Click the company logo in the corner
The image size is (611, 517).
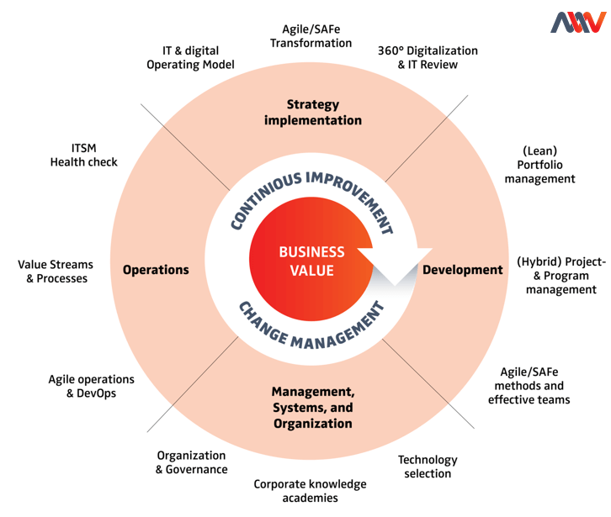pyautogui.click(x=577, y=23)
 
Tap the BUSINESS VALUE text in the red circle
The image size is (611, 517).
pyautogui.click(x=311, y=261)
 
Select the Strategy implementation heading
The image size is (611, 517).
pyautogui.click(x=312, y=113)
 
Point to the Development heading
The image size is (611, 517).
pyautogui.click(x=462, y=270)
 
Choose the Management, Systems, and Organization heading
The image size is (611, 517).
pyautogui.click(x=312, y=408)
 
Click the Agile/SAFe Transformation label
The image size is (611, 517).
pyautogui.click(x=311, y=36)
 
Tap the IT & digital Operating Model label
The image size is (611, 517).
pyautogui.click(x=190, y=57)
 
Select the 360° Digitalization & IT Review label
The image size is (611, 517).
pyautogui.click(x=428, y=57)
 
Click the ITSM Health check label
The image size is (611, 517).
pyautogui.click(x=83, y=155)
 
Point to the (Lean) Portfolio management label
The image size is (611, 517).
pyautogui.click(x=545, y=165)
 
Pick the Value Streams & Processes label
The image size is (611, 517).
pyautogui.click(x=56, y=271)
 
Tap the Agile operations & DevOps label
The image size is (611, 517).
pyautogui.click(x=91, y=386)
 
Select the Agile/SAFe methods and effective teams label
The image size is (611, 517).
pyautogui.click(x=529, y=385)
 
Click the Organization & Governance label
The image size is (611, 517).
pyautogui.click(x=191, y=462)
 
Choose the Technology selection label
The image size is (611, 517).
pyautogui.click(x=428, y=467)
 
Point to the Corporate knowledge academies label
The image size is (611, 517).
pyautogui.click(x=311, y=490)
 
